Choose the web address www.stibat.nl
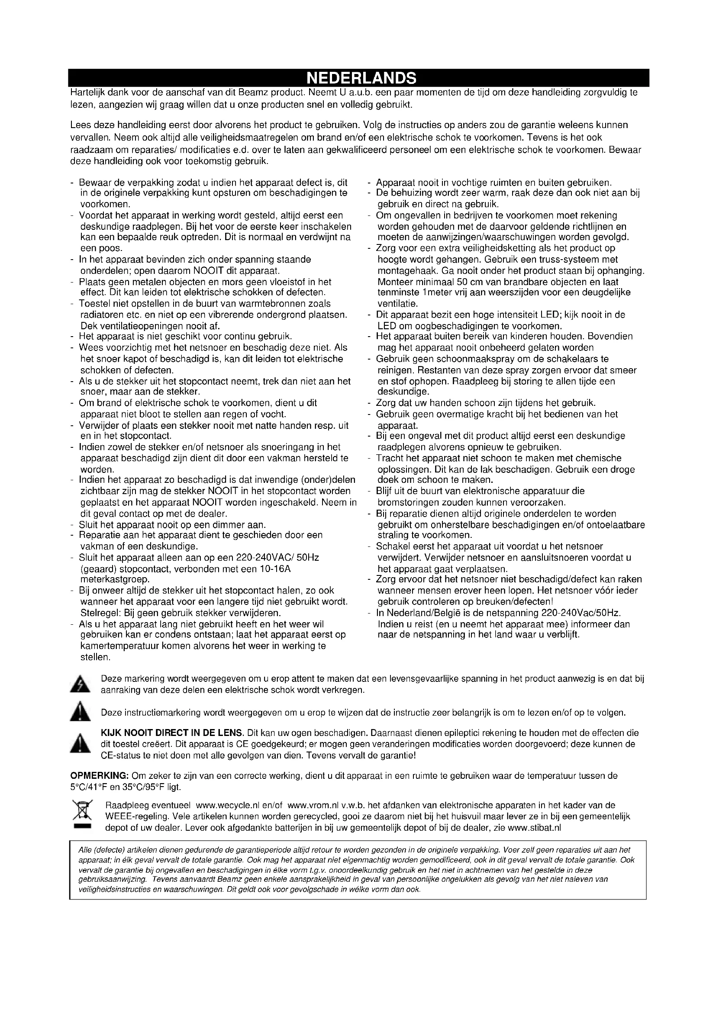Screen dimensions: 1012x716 tap(534, 828)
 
